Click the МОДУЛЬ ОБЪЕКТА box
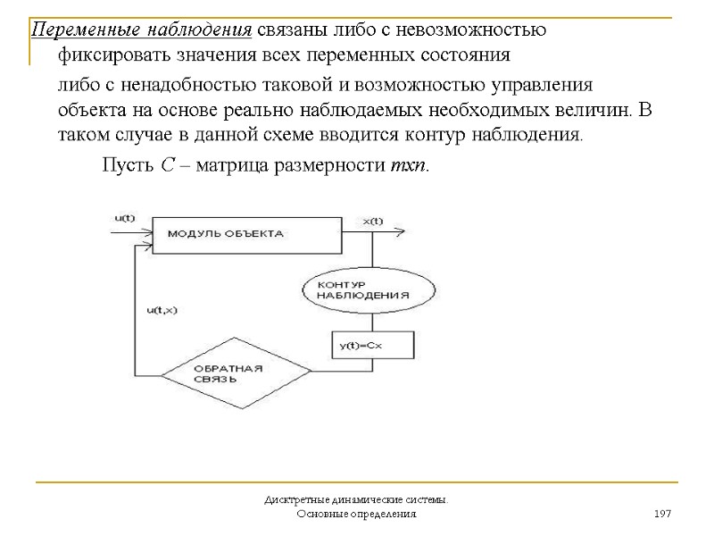(x=245, y=234)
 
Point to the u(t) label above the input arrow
(x=125, y=217)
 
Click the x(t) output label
(x=372, y=221)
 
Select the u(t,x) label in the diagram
(x=162, y=310)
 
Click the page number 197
(x=661, y=515)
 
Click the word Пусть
(x=127, y=166)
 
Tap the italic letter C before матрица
(x=170, y=166)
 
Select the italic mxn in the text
(x=409, y=166)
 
